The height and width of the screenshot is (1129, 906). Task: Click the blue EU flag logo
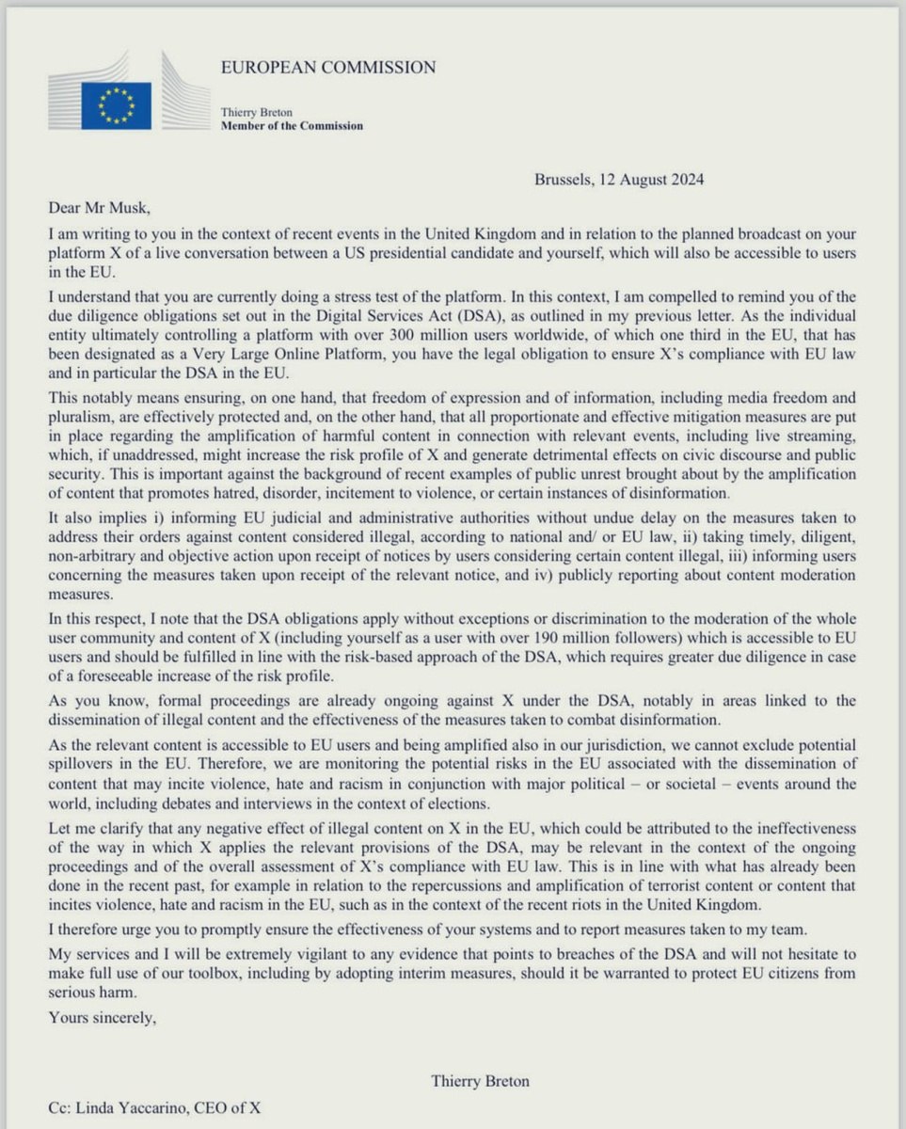pyautogui.click(x=116, y=105)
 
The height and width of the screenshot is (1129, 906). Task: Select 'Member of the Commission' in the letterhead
pyautogui.click(x=291, y=126)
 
